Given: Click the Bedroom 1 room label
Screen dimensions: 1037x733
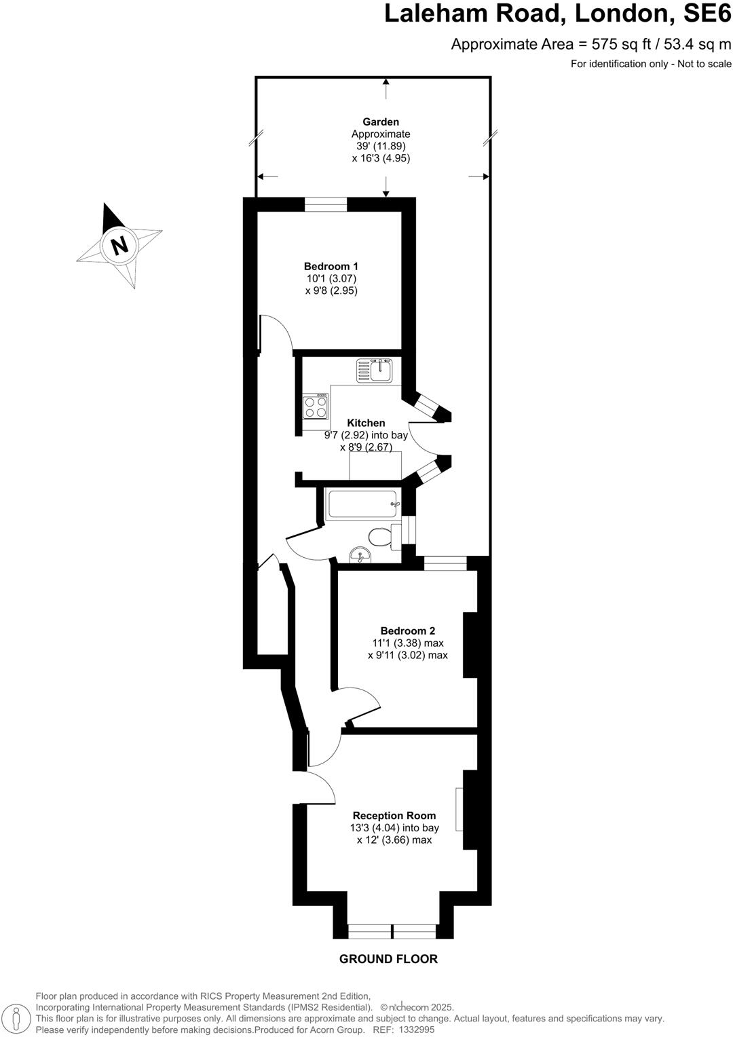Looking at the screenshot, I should pyautogui.click(x=331, y=267).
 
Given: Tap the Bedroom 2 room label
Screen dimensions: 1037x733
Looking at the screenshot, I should pyautogui.click(x=407, y=631).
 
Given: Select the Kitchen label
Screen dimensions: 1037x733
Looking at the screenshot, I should pyautogui.click(x=366, y=423).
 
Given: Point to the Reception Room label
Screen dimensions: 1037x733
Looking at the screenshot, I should pyautogui.click(x=394, y=816).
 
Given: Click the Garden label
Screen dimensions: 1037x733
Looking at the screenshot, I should pyautogui.click(x=381, y=122).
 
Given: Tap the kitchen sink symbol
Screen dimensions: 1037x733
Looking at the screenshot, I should pyautogui.click(x=375, y=371).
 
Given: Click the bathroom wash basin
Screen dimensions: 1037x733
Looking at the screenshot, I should pyautogui.click(x=360, y=557).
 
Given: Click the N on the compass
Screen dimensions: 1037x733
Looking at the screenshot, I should pyautogui.click(x=119, y=244).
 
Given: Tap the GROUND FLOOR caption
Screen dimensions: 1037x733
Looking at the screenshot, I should pyautogui.click(x=388, y=959).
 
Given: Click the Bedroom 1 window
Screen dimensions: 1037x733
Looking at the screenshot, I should pyautogui.click(x=326, y=204).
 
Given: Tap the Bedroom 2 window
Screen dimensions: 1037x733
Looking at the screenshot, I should pyautogui.click(x=445, y=563).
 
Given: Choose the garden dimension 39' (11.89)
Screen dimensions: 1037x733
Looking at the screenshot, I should pyautogui.click(x=381, y=146).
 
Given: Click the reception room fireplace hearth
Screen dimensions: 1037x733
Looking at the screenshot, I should pyautogui.click(x=459, y=809).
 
